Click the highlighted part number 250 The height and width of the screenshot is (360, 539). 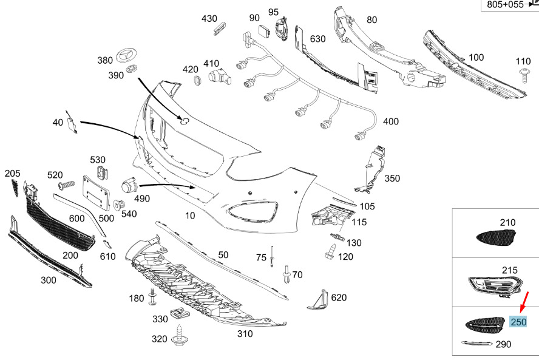pos(518,322)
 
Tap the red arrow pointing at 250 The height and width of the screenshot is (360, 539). pos(524,302)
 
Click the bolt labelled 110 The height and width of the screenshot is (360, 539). pos(523,75)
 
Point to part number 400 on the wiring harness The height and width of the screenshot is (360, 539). pos(391,121)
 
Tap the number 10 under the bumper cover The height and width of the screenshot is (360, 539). pos(190,216)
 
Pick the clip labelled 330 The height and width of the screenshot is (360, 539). pos(178,314)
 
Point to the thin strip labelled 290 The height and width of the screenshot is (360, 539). pos(478,344)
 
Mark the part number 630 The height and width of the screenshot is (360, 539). pos(317,39)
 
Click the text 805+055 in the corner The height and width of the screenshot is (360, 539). pos(505,5)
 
